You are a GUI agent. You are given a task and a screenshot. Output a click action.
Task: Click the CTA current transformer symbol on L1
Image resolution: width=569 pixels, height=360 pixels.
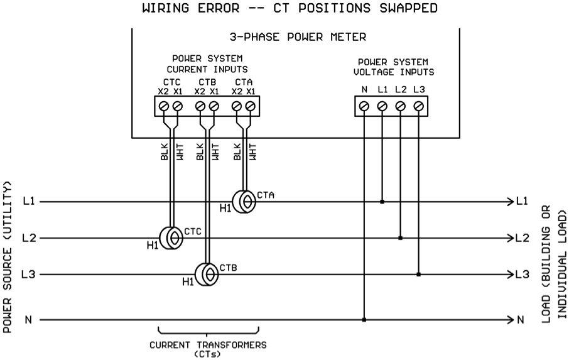(244, 202)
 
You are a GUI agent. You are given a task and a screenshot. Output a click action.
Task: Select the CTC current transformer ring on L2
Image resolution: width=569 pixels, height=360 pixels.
(171, 238)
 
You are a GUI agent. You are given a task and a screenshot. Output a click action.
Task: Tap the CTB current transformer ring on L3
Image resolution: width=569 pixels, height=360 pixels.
(207, 275)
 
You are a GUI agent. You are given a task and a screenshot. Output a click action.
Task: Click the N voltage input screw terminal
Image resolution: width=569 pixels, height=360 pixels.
(364, 106)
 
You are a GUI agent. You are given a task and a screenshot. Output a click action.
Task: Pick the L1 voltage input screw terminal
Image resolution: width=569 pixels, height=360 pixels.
(382, 106)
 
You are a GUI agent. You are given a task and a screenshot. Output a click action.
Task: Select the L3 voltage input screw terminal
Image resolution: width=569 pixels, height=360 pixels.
(418, 106)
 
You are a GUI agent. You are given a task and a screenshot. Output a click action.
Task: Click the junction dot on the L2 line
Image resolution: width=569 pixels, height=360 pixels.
(400, 238)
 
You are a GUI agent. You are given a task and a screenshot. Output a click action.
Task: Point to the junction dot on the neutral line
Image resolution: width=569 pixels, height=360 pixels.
(364, 320)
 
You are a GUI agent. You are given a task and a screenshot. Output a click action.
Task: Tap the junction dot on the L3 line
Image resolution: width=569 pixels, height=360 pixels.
(418, 275)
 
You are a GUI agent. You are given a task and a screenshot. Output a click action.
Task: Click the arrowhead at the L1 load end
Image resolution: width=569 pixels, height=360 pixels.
(511, 202)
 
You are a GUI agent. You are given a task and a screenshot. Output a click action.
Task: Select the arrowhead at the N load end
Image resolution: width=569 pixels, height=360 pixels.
(511, 320)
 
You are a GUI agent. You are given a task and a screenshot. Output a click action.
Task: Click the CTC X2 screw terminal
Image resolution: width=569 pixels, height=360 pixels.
(164, 106)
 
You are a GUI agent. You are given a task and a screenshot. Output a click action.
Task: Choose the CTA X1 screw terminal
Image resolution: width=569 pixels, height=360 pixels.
(251, 106)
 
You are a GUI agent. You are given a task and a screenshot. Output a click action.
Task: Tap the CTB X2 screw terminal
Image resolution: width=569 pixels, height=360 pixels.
(200, 106)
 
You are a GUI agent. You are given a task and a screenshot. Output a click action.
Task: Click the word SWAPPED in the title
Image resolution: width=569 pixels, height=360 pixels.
(409, 8)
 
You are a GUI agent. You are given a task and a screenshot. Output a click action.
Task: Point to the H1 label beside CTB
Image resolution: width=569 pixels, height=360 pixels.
(188, 281)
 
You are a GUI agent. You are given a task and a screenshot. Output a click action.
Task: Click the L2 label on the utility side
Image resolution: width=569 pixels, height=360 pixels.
(29, 238)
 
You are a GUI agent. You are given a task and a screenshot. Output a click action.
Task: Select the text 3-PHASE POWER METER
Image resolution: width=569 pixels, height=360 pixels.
(298, 36)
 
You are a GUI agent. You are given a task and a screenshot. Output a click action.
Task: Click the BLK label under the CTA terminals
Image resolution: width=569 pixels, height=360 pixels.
(237, 151)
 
